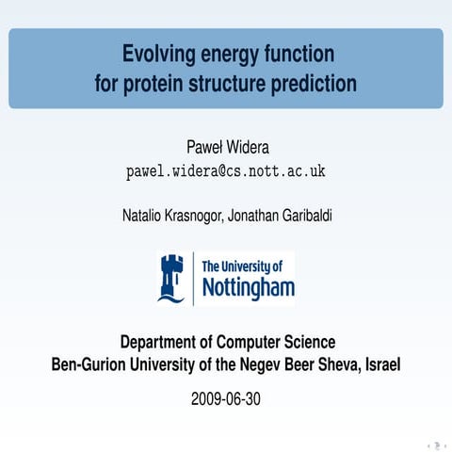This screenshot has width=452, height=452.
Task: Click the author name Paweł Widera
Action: tap(226, 148)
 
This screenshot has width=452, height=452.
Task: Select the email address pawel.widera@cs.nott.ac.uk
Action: tap(226, 172)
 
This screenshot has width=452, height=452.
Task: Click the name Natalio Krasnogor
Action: tap(177, 215)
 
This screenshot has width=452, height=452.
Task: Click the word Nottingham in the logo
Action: tap(249, 286)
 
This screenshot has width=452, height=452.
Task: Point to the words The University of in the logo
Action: tap(242, 266)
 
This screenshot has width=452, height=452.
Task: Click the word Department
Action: tap(163, 342)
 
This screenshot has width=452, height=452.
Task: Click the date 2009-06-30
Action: tap(226, 399)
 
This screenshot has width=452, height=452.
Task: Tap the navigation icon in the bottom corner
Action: tap(436, 444)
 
